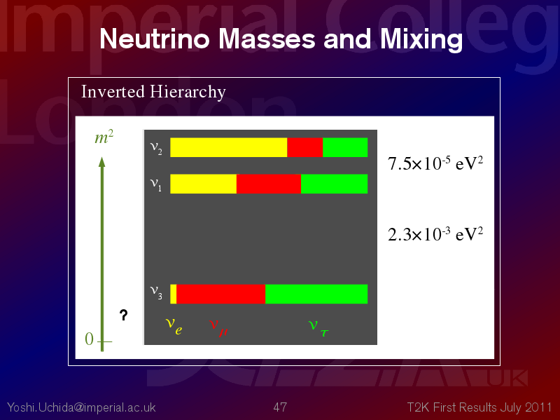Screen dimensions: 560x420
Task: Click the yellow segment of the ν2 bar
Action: coord(229,147)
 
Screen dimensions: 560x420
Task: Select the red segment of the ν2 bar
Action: coord(305,147)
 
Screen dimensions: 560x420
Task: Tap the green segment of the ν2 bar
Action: coord(345,147)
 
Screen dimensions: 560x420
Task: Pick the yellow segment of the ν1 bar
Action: coord(203,184)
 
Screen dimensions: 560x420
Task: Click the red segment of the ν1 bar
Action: coord(269,184)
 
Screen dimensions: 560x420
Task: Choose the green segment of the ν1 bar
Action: coord(335,184)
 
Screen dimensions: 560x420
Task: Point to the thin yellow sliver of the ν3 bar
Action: coord(173,294)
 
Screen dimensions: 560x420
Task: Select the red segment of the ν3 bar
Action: coord(220,294)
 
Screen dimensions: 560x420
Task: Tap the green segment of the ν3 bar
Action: coord(316,294)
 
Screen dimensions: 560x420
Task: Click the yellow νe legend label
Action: coord(174,325)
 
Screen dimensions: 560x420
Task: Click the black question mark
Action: coord(124,315)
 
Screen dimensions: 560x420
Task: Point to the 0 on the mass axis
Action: coord(90,339)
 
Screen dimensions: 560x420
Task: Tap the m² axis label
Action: coord(104,137)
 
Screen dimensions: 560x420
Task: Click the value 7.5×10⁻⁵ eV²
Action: coord(435,163)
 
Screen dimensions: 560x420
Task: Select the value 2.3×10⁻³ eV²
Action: coord(435,234)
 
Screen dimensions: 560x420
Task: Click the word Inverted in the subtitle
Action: coord(113,92)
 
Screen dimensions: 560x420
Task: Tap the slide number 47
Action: coord(280,407)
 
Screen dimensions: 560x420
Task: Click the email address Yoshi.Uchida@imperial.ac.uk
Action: coord(81,407)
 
